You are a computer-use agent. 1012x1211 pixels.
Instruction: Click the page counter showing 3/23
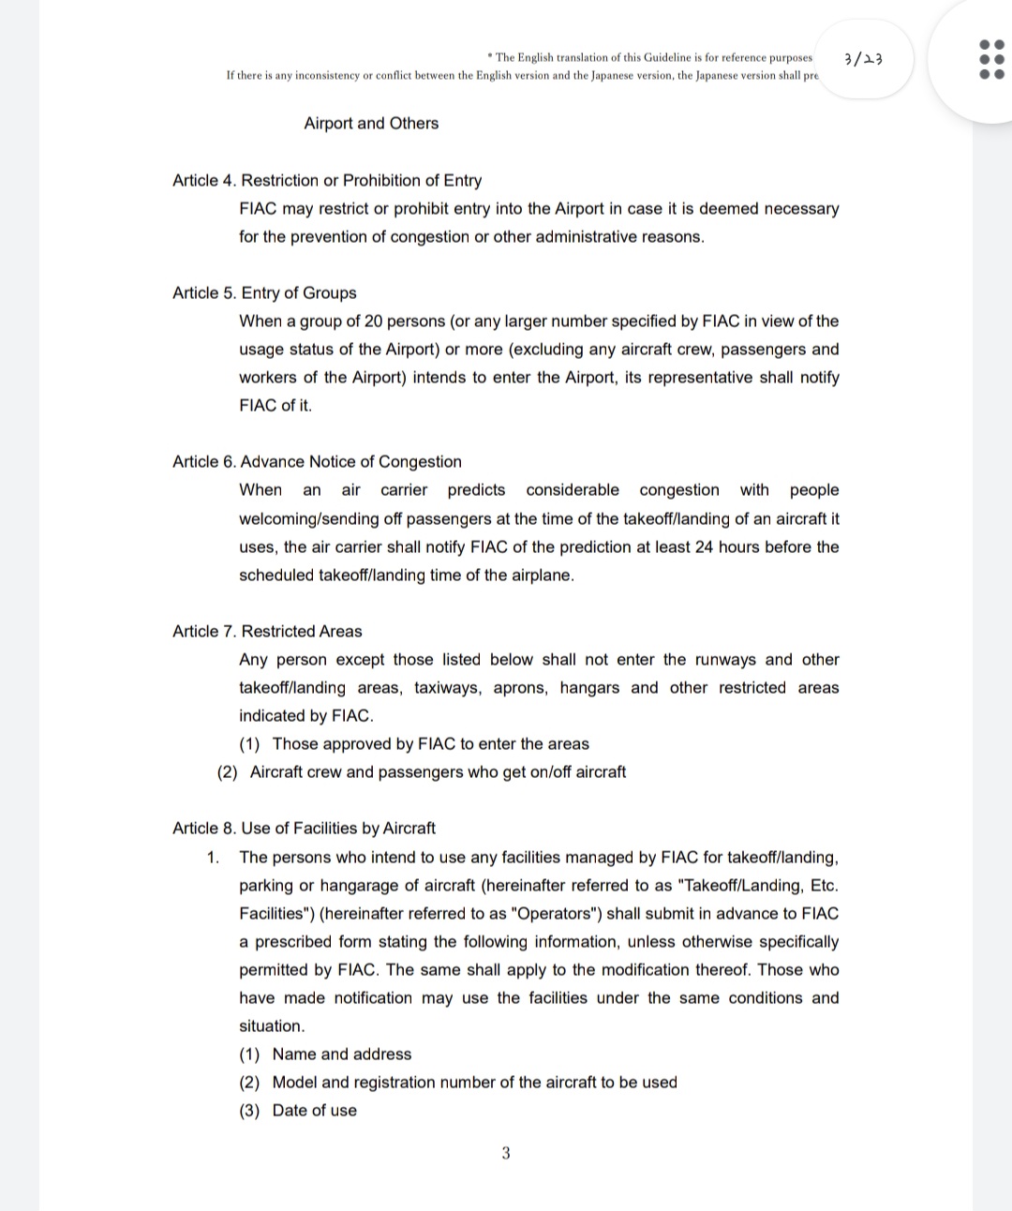coord(863,59)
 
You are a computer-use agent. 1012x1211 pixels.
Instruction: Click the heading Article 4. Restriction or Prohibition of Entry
coord(327,180)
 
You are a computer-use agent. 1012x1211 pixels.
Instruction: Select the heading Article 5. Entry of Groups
coord(264,292)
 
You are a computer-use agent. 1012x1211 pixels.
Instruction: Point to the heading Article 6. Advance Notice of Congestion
coord(317,461)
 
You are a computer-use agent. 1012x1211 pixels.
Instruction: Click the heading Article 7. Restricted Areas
coord(267,631)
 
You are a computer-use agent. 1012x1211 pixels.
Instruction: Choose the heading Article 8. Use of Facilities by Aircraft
coord(304,828)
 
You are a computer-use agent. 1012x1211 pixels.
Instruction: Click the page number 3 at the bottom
coord(506,1153)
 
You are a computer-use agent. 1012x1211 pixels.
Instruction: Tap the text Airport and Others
coord(371,123)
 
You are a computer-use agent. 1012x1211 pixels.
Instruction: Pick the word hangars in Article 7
coord(589,687)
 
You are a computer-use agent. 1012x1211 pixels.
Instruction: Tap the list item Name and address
coord(341,1054)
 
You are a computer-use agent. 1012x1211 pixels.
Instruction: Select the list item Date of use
coord(314,1110)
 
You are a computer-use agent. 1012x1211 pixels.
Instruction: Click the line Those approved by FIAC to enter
coord(430,743)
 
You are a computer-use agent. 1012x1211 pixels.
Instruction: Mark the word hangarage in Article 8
coord(358,885)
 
